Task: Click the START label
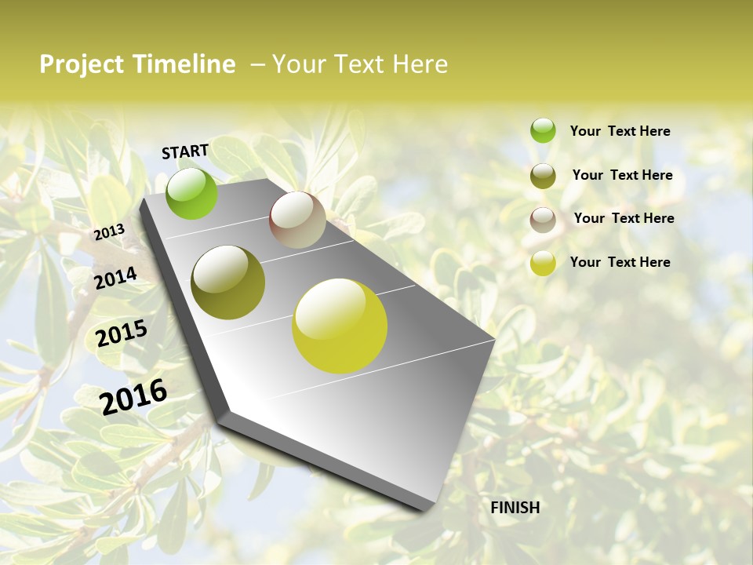click(x=185, y=151)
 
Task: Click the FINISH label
click(x=515, y=508)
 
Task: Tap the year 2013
click(x=109, y=232)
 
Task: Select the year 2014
click(x=116, y=278)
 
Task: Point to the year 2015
click(x=122, y=334)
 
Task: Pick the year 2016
click(x=133, y=396)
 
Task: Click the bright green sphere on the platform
click(x=192, y=193)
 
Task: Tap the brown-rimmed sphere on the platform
click(x=297, y=220)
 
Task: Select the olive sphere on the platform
click(x=228, y=282)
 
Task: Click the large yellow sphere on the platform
click(x=340, y=326)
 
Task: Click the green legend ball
click(x=543, y=130)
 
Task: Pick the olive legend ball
click(x=543, y=176)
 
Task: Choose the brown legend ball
click(x=543, y=220)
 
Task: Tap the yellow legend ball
click(x=543, y=263)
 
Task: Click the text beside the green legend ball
click(x=620, y=131)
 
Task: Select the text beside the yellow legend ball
click(x=620, y=262)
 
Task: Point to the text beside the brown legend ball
click(x=624, y=218)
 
